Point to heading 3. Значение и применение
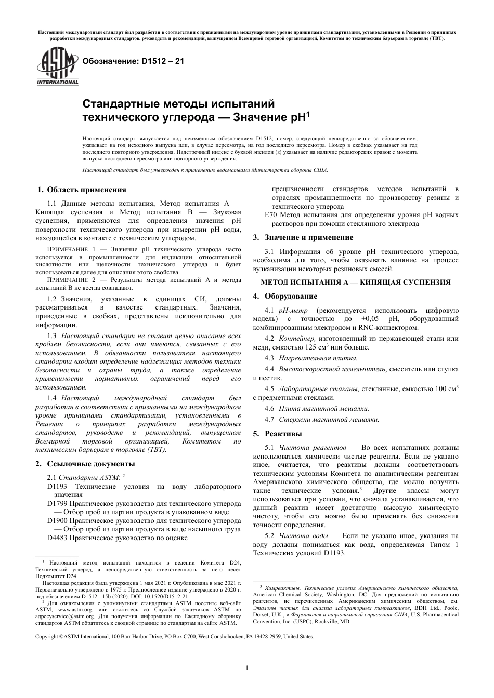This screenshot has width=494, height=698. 303,237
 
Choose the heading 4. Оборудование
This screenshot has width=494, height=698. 285,296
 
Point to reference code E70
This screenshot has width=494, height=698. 271,215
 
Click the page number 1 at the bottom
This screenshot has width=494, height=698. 247,668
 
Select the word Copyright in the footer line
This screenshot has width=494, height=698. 47,636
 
